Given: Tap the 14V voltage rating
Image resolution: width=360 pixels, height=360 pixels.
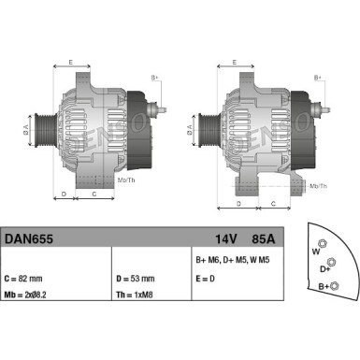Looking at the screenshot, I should [225, 238].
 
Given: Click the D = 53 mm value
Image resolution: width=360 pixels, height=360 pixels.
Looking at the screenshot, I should [136, 278].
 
